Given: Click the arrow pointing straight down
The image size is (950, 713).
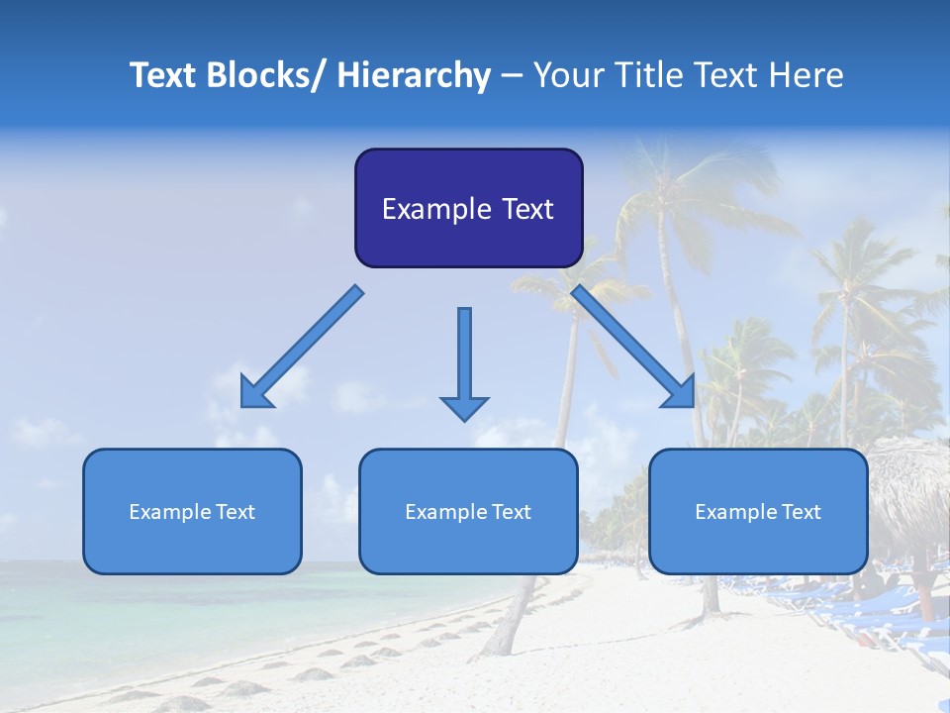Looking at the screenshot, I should tap(464, 361).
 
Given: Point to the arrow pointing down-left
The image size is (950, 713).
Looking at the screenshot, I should tap(302, 347).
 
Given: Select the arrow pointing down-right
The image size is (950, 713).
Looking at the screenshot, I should tap(633, 347).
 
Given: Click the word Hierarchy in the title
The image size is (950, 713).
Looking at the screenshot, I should tap(414, 75).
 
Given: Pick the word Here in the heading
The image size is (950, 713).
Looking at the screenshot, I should tap(807, 75).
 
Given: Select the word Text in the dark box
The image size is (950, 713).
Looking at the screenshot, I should tap(525, 209).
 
